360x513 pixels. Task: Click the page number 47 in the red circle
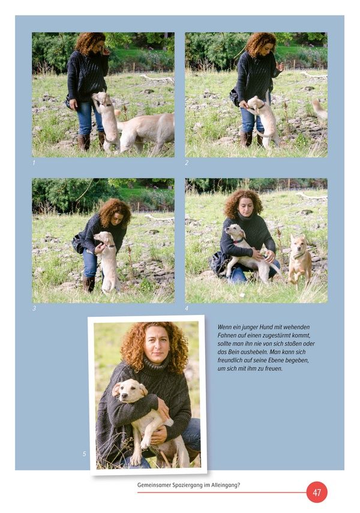point(317,493)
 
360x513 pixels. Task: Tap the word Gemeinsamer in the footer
point(154,485)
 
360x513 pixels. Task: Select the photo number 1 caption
point(34,163)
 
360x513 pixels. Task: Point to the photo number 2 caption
point(187,163)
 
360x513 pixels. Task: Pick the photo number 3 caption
point(34,308)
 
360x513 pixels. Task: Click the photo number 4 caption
point(187,308)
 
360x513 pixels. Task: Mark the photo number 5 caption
point(84,454)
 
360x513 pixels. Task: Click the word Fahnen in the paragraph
point(226,335)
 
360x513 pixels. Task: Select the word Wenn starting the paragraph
point(224,327)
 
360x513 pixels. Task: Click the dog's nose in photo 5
point(124,397)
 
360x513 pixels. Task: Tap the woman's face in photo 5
point(157,344)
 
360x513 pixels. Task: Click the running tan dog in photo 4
point(299,258)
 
